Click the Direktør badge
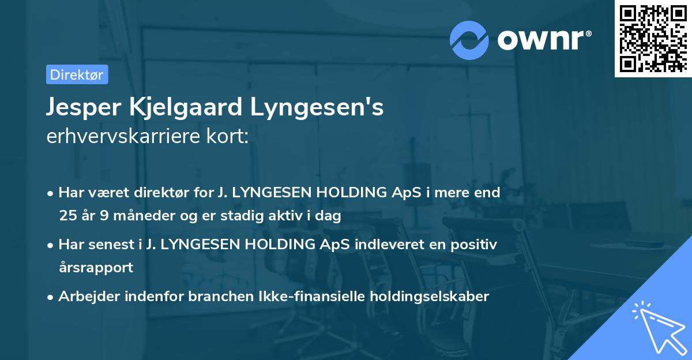coord(77,74)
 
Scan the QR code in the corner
coord(653,38)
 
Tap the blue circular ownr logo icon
coord(469,39)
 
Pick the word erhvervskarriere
coord(121,137)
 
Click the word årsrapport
coord(96,267)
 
